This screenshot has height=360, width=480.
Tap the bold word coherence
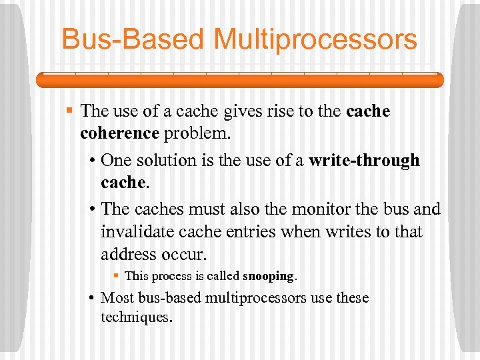pos(119,133)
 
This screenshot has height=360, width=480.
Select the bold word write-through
pos(364,161)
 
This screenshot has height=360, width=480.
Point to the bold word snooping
pos(268,275)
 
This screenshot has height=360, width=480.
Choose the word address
pos(129,255)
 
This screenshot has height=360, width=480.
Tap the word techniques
pos(136,317)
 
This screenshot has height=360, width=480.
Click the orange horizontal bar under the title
pos(239,80)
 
